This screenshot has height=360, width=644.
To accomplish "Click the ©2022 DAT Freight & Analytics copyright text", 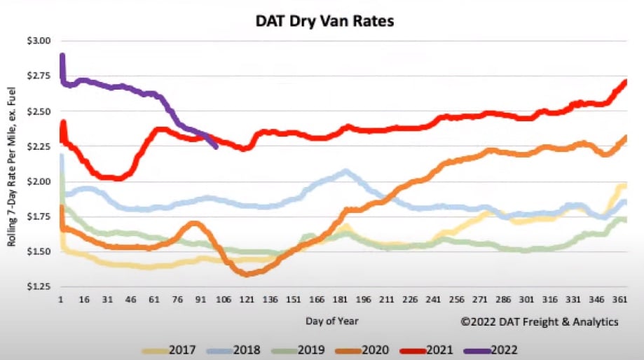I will click(539, 322).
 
